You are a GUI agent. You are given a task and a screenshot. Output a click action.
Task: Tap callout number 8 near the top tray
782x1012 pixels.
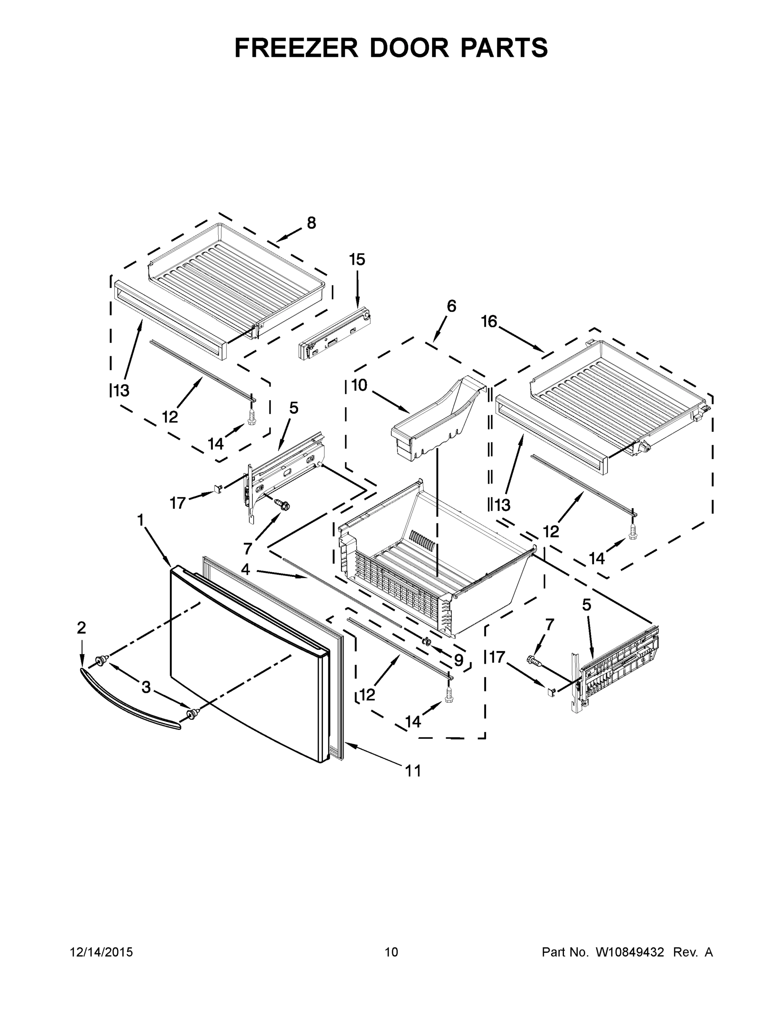pyautogui.click(x=311, y=223)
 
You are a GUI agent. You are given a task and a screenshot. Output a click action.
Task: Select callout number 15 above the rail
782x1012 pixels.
pyautogui.click(x=357, y=259)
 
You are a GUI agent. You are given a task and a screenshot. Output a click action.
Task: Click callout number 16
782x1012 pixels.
pyautogui.click(x=489, y=321)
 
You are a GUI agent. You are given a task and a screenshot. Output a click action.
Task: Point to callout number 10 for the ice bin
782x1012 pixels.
pyautogui.click(x=359, y=385)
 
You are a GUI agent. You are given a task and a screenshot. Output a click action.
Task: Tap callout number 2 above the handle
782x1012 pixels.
pyautogui.click(x=81, y=628)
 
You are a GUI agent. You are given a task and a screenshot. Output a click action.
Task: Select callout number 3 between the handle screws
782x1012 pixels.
pyautogui.click(x=146, y=687)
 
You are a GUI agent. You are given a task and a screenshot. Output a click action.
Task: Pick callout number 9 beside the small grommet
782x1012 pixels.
pyautogui.click(x=458, y=660)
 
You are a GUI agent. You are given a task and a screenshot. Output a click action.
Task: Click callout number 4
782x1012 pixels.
pyautogui.click(x=245, y=570)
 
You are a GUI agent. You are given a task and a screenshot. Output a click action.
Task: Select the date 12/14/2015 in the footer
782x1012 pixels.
pyautogui.click(x=102, y=952)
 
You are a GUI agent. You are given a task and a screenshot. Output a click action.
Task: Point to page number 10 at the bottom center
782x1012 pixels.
pyautogui.click(x=392, y=952)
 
